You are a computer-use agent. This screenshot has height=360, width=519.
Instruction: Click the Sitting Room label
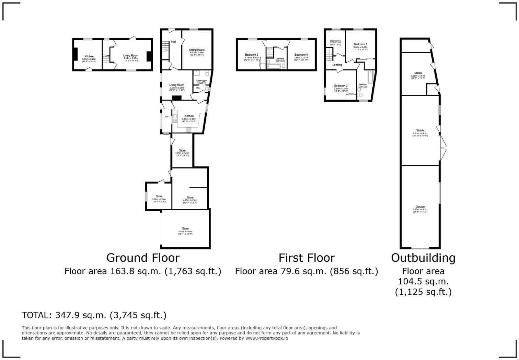pyautogui.click(x=197, y=50)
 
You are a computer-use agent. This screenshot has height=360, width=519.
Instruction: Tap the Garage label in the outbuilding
pyautogui.click(x=420, y=207)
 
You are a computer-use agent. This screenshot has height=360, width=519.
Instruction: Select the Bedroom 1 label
pyautogui.click(x=360, y=44)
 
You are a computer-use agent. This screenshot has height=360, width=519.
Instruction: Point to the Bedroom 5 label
pyautogui.click(x=335, y=41)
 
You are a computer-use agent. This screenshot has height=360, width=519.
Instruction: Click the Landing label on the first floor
pyautogui.click(x=337, y=65)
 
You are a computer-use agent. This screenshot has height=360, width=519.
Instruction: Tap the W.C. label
pyautogui.click(x=198, y=88)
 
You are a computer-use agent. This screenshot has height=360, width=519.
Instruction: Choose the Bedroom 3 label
pyautogui.click(x=251, y=55)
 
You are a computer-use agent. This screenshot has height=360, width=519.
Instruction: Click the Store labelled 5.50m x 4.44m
pyautogui.click(x=185, y=229)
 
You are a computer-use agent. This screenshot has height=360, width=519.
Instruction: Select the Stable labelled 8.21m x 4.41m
pyautogui.click(x=420, y=131)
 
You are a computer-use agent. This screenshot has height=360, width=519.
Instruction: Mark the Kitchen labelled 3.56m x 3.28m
pyautogui.click(x=89, y=57)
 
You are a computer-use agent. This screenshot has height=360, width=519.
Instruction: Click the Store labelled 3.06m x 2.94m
pyautogui.click(x=159, y=196)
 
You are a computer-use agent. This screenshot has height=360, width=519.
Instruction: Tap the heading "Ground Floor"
pyautogui.click(x=143, y=258)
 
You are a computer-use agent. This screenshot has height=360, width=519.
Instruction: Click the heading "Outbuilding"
pyautogui.click(x=423, y=258)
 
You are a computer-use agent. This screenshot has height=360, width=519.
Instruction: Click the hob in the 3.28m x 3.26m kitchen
pyautogui.click(x=188, y=130)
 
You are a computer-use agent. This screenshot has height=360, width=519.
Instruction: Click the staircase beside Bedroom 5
pyautogui.click(x=329, y=54)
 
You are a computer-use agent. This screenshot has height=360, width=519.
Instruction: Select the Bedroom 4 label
pyautogui.click(x=301, y=55)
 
